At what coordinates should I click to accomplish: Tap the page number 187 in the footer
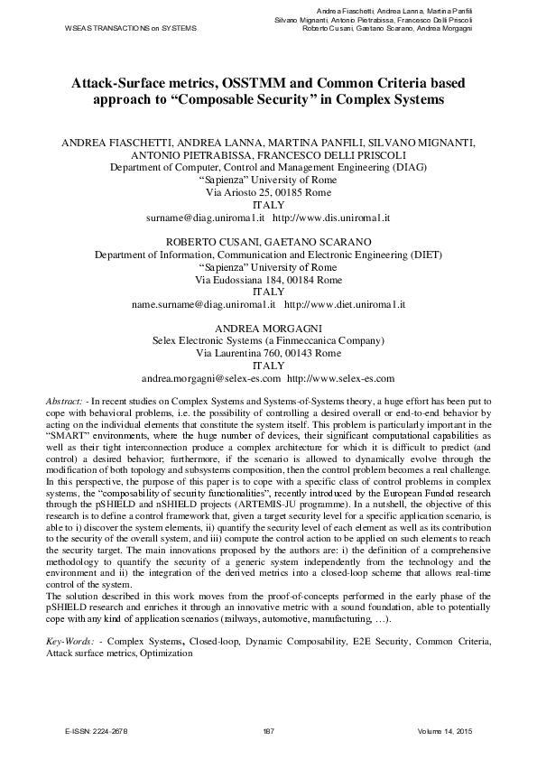point(268,728)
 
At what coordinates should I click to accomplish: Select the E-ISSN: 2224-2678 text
point(97,728)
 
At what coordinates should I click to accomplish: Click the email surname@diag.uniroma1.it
point(204,218)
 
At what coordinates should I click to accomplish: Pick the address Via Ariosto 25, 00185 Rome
point(269,193)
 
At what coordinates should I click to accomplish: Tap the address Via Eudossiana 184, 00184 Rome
point(269,280)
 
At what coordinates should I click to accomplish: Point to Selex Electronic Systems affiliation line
point(269,341)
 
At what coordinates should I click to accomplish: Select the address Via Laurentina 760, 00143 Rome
point(269,354)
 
